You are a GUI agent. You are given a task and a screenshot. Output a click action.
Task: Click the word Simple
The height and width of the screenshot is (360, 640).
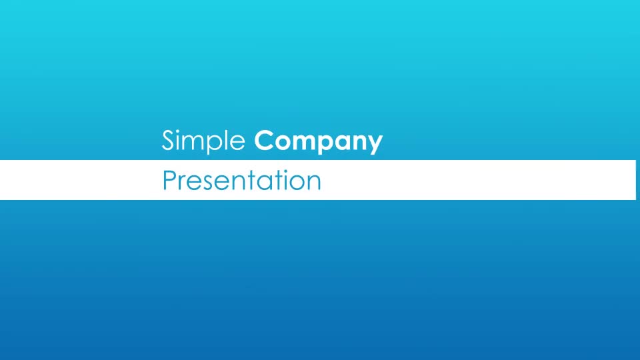point(203,141)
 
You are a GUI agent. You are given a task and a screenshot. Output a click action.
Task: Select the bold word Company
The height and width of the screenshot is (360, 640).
point(319,141)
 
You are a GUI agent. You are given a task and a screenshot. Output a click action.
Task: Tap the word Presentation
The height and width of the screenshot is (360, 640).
point(241,181)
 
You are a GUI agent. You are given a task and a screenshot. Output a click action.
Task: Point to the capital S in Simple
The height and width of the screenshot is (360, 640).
point(168,140)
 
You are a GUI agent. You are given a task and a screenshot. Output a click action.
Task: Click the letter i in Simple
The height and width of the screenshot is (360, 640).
point(179,140)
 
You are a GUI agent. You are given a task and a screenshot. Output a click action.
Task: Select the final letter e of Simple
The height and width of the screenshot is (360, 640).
point(238,143)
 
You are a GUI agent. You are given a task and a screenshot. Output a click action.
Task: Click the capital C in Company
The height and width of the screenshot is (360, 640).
point(265,141)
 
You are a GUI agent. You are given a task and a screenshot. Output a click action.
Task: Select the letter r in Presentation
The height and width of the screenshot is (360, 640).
point(182,183)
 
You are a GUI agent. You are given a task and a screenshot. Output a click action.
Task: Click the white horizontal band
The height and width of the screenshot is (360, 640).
point(318,180)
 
